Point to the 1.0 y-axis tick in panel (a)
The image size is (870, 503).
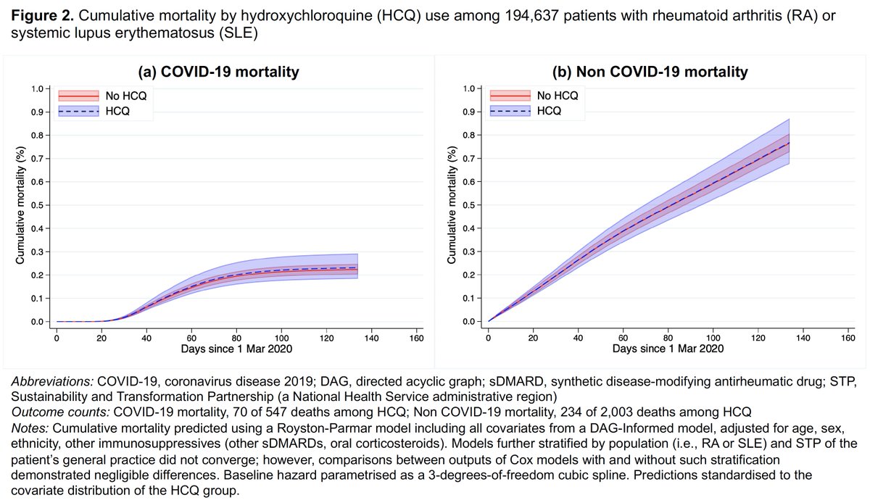38,89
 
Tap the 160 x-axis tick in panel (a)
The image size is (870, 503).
416,337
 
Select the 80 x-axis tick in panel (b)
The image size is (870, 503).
668,337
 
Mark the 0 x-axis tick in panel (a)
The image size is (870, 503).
57,337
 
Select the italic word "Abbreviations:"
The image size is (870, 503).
48,381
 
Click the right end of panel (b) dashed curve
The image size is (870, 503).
789,143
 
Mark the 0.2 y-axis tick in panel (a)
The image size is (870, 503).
38,275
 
